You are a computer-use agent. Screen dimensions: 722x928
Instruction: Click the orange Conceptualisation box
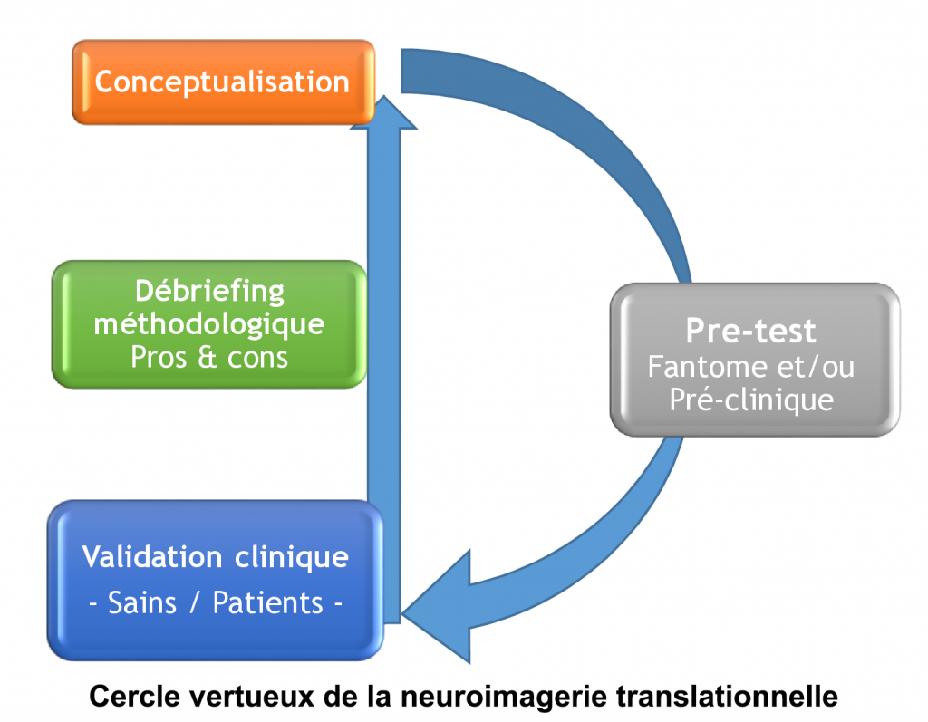222,82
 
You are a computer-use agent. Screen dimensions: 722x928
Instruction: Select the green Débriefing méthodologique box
209,324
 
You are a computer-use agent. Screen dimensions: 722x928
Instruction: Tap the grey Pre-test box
754,358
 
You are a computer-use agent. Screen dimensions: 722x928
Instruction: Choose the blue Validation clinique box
214,580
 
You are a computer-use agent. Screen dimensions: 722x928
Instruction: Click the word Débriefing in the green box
209,292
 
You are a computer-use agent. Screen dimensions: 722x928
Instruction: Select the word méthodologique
209,323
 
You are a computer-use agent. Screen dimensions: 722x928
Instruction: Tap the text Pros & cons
209,357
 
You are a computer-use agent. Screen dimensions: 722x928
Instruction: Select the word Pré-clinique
751,400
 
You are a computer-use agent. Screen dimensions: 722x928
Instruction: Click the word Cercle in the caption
130,698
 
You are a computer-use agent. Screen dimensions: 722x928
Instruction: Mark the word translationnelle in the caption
729,698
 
